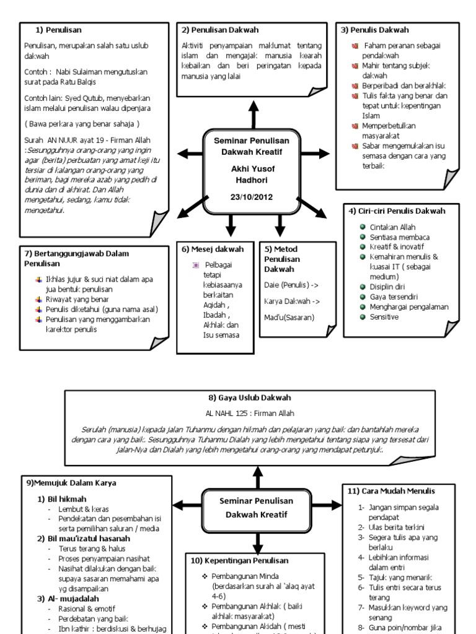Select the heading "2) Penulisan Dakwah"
[220, 30]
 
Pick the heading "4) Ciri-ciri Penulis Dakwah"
[397, 211]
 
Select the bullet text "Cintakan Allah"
[392, 227]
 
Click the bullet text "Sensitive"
[384, 317]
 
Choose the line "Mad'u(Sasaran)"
[289, 318]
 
